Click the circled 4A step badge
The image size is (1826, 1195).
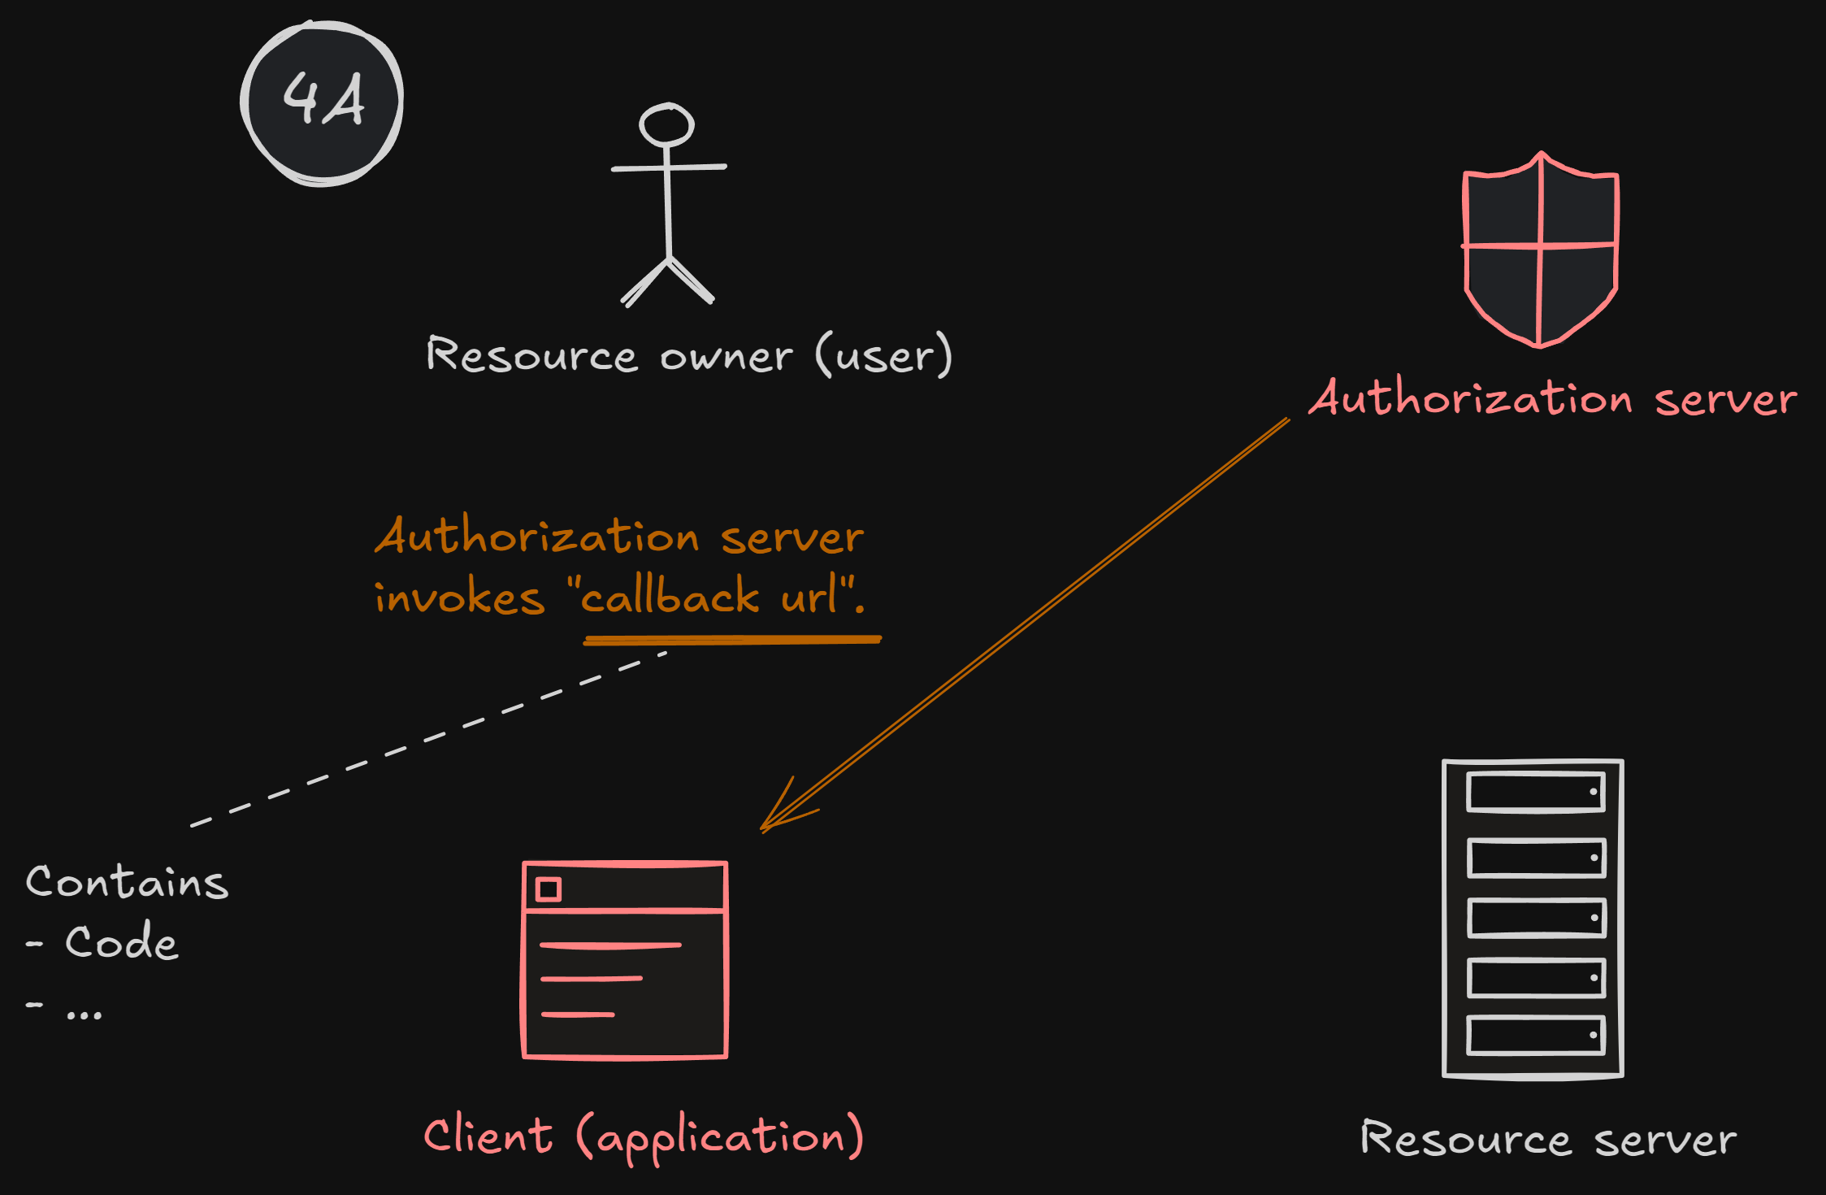click(x=322, y=102)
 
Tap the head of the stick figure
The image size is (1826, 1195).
click(x=666, y=125)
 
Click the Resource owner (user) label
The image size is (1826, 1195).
click(x=688, y=356)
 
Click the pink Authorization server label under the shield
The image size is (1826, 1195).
click(x=1552, y=399)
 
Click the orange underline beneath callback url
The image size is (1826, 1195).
click(x=731, y=641)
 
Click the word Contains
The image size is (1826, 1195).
click(x=127, y=883)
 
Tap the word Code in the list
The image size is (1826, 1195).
click(x=121, y=943)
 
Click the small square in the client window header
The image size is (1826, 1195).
click(x=549, y=889)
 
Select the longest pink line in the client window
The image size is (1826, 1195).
click(x=609, y=945)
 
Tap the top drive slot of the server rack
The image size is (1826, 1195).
click(x=1535, y=792)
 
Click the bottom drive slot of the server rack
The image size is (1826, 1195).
click(x=1535, y=1035)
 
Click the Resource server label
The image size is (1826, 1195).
click(x=1548, y=1140)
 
